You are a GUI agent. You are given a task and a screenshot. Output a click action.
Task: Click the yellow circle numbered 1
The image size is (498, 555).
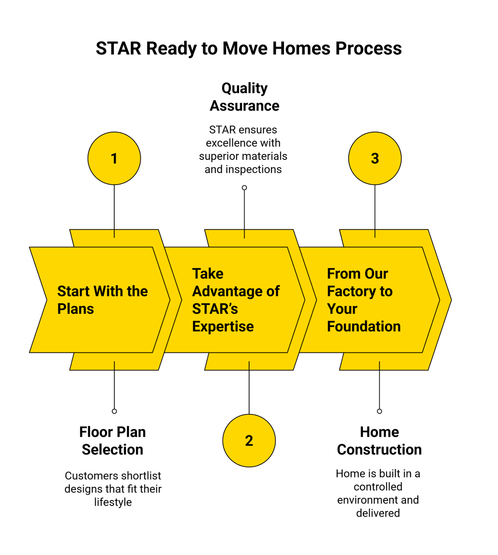coord(114,158)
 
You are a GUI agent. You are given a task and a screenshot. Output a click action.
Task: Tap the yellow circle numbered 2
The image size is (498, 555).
coord(249,441)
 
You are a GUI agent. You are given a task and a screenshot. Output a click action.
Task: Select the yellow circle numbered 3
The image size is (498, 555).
coord(375,158)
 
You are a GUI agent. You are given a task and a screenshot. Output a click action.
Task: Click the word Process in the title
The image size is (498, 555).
coord(368,49)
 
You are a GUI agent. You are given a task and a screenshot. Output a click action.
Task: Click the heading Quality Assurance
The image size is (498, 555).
coord(244,97)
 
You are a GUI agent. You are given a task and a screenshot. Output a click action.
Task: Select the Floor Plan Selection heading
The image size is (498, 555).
coord(112,441)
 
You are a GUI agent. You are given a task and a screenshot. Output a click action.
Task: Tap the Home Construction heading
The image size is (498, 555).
coord(379,441)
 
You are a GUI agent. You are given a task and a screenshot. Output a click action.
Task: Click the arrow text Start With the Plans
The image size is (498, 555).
coord(102,300)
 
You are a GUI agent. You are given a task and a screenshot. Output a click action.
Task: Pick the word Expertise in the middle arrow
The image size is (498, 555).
coord(223,327)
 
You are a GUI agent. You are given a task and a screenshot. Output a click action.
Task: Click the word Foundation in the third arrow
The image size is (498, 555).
coord(364,327)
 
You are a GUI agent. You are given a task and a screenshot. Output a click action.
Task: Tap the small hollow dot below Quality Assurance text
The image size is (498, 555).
coord(244,188)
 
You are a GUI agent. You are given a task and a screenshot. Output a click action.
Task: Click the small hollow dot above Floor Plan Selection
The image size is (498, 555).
coord(114,411)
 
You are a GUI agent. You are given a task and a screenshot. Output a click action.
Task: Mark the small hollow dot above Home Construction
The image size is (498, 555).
coord(379,411)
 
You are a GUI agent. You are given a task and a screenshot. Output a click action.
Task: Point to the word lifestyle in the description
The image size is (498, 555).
coord(113,502)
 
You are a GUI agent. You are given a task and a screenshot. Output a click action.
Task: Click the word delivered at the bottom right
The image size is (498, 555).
coord(378,513)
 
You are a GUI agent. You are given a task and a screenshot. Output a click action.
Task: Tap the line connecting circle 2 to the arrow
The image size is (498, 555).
coord(249,389)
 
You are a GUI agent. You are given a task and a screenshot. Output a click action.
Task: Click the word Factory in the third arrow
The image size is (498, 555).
coord(351,292)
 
